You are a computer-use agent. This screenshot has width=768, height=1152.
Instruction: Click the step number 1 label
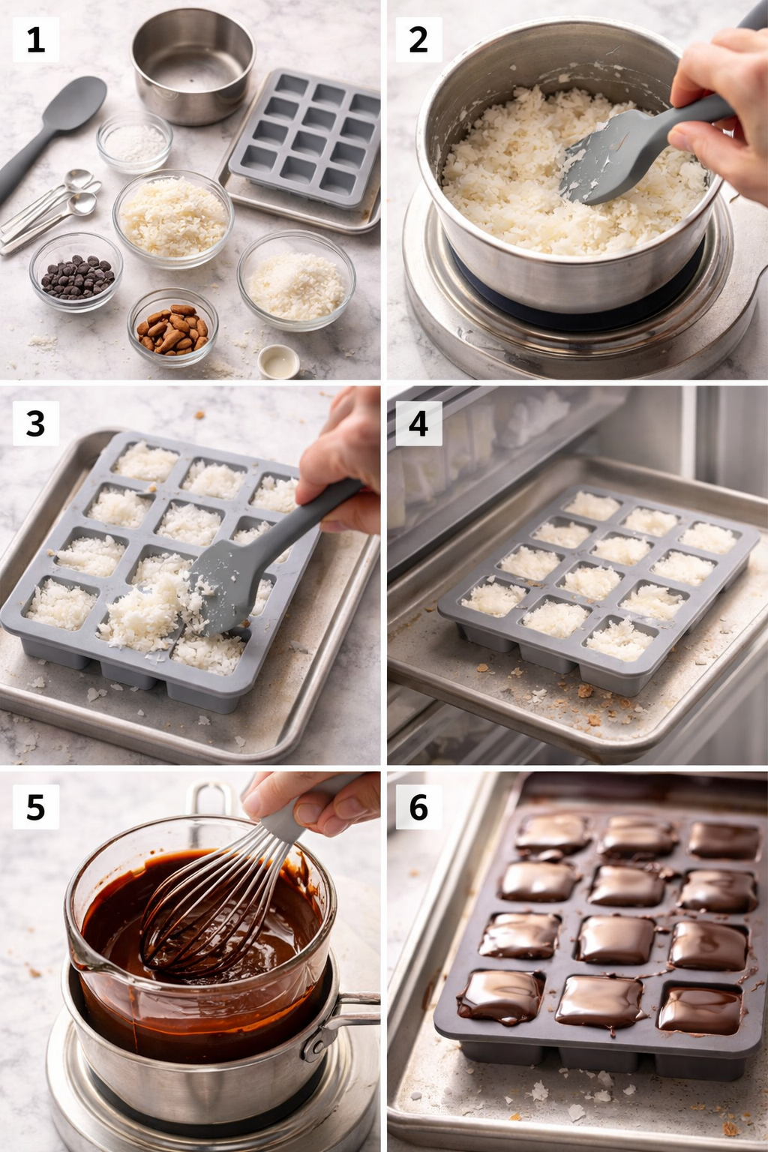[35, 40]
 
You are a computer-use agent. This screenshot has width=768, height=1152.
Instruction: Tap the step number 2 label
[418, 40]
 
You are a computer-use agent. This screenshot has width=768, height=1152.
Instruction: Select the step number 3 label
[35, 424]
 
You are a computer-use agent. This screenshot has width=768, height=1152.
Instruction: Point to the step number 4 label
[418, 424]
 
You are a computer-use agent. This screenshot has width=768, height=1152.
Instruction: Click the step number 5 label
[35, 808]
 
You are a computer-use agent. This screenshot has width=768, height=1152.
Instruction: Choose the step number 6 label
[418, 808]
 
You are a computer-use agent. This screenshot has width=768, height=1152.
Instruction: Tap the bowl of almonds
[172, 328]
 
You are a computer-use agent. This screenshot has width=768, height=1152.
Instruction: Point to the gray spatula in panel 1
[56, 127]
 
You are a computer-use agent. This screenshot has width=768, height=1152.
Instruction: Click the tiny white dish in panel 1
[279, 361]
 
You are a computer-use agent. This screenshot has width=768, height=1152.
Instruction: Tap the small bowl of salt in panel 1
[135, 141]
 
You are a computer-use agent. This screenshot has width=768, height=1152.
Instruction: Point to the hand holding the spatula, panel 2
[720, 112]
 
